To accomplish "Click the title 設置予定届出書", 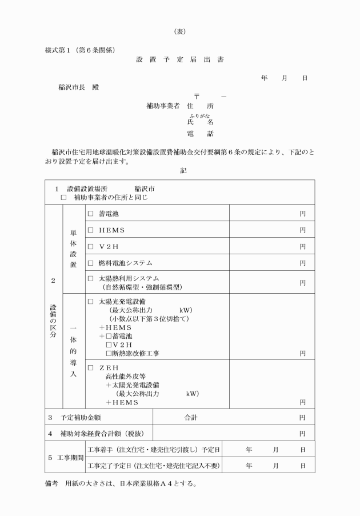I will (x=180, y=59).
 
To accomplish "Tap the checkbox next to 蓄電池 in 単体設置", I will (x=90, y=213).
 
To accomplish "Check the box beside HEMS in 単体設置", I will (x=90, y=230).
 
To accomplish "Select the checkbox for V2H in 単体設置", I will (x=90, y=246).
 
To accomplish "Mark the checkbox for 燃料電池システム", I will (x=90, y=263).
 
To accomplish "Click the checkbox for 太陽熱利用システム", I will (x=90, y=278).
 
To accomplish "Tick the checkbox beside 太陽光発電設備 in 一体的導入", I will (x=90, y=301).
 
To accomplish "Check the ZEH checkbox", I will (x=90, y=367).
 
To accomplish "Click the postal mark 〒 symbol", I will (x=197, y=96).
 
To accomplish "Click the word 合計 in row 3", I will (x=190, y=418).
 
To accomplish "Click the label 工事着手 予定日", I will (x=154, y=450).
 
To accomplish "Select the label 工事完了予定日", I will (x=154, y=465).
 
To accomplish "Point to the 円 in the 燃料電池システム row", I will (x=302, y=263).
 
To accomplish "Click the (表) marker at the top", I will (x=179, y=31).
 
